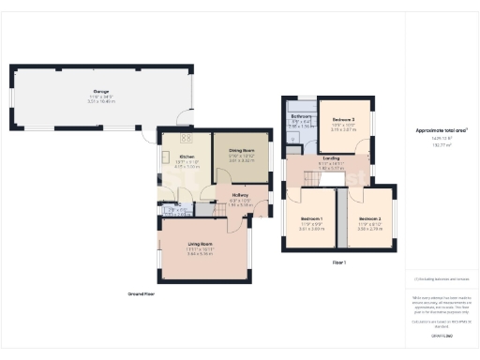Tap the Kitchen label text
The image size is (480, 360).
pos(187,157)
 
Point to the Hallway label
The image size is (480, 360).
pos(240,194)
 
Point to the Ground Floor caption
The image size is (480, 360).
pos(141,293)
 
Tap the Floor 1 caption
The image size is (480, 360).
pos(338,262)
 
